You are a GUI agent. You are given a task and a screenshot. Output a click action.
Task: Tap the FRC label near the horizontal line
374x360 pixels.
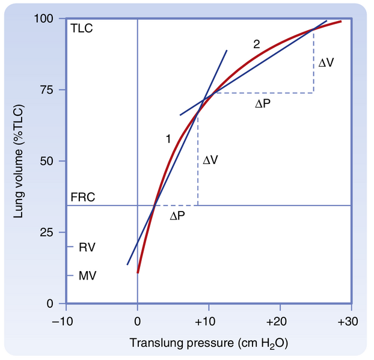(x=82, y=197)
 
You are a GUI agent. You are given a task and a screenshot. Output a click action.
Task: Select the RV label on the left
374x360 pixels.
(x=87, y=247)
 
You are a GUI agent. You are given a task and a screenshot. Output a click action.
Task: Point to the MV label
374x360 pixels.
(x=87, y=276)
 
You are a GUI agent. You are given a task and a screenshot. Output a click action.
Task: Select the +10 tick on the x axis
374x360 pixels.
(x=208, y=321)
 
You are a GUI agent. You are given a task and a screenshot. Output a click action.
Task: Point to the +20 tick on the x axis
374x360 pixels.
(x=278, y=321)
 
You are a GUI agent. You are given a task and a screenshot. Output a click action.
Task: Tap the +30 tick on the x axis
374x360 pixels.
(x=348, y=321)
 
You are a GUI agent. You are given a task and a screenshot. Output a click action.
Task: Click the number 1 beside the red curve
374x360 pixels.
(x=169, y=139)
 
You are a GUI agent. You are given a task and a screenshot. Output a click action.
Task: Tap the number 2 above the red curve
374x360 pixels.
(x=257, y=44)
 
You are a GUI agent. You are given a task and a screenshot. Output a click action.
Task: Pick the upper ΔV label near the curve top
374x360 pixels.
(x=326, y=63)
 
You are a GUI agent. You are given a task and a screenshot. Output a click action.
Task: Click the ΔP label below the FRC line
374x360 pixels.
(x=177, y=215)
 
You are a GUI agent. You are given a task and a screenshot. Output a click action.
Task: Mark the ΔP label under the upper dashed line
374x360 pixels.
(x=263, y=103)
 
